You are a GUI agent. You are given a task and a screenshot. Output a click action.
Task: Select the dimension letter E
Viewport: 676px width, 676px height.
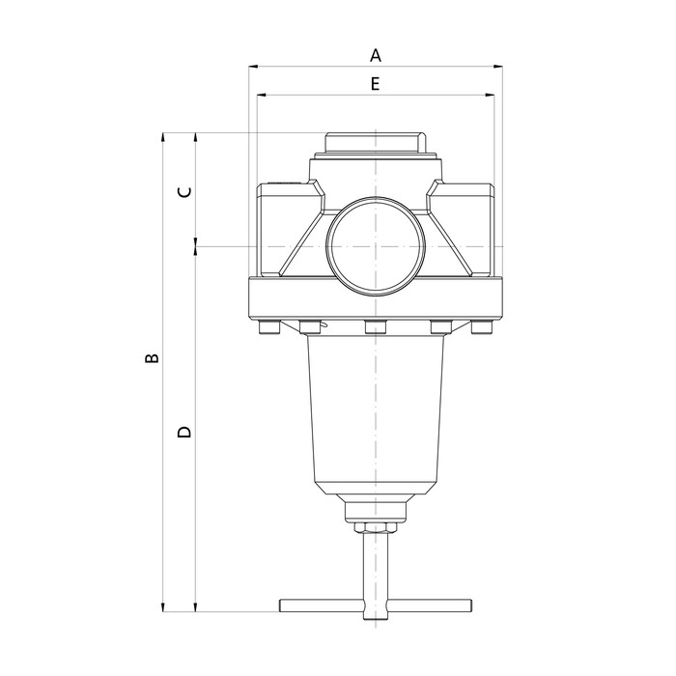(376, 84)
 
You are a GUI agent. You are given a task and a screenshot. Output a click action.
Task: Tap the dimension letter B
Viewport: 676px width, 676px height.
(151, 358)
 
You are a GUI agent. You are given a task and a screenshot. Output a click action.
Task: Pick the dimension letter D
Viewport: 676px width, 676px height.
(185, 432)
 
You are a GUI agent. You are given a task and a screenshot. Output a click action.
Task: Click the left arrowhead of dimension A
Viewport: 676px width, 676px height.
(254, 67)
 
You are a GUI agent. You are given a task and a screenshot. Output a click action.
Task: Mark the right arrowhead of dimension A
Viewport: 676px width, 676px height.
(499, 67)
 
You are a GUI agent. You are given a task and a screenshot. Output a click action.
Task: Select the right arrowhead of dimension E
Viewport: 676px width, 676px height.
(490, 96)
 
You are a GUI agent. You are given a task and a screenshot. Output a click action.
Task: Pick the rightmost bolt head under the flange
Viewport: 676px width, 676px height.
(483, 329)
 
